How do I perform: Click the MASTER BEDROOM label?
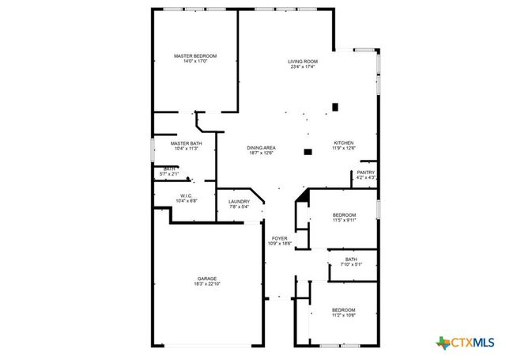pyautogui.click(x=194, y=56)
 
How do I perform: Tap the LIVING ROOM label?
pyautogui.click(x=302, y=61)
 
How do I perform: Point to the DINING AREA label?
pyautogui.click(x=260, y=148)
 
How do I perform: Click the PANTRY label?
pyautogui.click(x=365, y=172)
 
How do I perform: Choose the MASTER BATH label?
pyautogui.click(x=186, y=143)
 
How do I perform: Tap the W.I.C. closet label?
pyautogui.click(x=186, y=195)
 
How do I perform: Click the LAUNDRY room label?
pyautogui.click(x=239, y=202)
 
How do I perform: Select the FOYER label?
pyautogui.click(x=279, y=238)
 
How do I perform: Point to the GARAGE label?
pyautogui.click(x=207, y=279)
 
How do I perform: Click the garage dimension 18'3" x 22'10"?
pyautogui.click(x=207, y=284)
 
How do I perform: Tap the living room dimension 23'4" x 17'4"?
pyautogui.click(x=302, y=66)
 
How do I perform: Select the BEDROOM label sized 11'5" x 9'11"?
pyautogui.click(x=344, y=215)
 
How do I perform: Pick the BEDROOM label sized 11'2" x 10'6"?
pyautogui.click(x=343, y=309)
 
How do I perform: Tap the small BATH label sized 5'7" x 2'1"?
pyautogui.click(x=169, y=169)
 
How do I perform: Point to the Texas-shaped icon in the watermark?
pyautogui.click(x=442, y=342)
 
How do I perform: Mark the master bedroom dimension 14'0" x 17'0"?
pyautogui.click(x=194, y=62)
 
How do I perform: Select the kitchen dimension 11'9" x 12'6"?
pyautogui.click(x=343, y=148)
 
